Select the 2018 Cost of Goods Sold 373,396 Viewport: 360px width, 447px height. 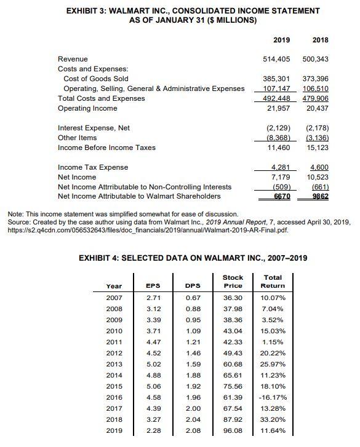pos(316,79)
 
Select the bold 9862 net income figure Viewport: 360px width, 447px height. pos(319,196)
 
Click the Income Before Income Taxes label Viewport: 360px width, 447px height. pos(106,148)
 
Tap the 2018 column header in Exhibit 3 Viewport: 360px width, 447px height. pos(319,40)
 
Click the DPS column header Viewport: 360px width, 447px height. pos(192,285)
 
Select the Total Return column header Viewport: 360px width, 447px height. pos(273,282)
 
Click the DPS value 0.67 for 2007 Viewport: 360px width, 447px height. pos(192,297)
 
